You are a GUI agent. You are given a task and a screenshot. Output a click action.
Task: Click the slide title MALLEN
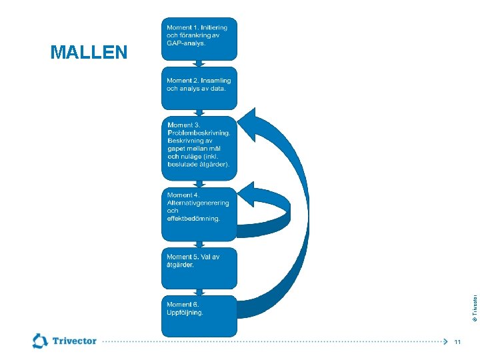point(89,53)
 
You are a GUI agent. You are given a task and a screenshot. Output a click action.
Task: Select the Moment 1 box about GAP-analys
point(199,38)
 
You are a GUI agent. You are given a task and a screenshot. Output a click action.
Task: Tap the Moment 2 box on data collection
point(199,88)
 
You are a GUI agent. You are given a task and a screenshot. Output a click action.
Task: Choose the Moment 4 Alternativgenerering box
point(199,213)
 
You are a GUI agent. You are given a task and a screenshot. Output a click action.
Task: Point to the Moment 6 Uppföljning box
point(199,315)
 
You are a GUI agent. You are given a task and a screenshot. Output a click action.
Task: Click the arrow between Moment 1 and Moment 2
point(199,63)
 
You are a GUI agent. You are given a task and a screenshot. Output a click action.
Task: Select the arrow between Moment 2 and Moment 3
point(199,113)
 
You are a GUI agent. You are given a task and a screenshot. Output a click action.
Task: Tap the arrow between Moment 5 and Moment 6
point(199,292)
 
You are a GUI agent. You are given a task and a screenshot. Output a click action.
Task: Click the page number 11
point(457,342)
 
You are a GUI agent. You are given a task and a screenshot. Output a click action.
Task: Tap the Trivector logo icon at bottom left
point(40,341)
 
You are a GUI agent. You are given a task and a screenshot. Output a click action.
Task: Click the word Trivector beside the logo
point(74,341)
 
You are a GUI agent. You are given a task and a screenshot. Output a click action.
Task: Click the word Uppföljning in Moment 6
point(185,312)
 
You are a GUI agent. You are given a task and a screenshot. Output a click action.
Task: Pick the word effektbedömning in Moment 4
point(193,219)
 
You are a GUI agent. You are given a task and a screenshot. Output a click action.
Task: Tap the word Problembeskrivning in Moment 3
point(199,133)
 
